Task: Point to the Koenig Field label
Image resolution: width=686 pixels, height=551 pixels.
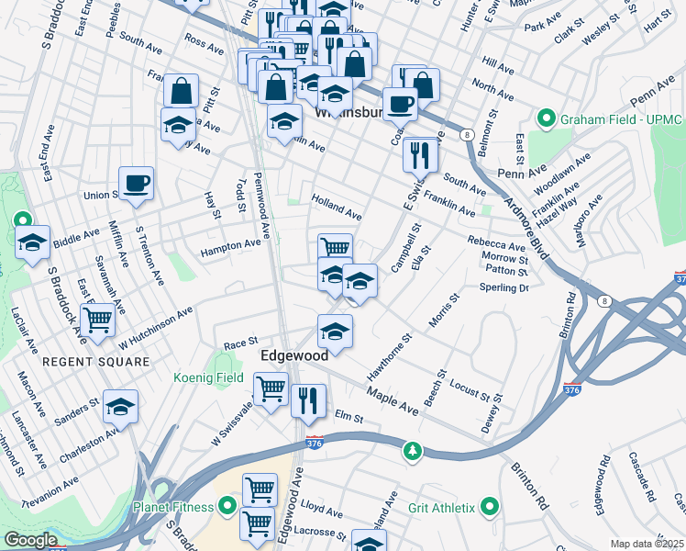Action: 209,377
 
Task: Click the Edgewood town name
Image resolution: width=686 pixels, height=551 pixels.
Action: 294,355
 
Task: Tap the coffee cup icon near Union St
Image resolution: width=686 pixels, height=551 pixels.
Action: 136,183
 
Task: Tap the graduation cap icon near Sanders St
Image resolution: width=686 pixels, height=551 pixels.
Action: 119,406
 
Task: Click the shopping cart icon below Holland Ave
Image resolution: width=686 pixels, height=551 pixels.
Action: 335,248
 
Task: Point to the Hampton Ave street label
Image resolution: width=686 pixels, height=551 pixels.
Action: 231,245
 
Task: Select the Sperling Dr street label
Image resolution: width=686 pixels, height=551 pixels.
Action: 504,287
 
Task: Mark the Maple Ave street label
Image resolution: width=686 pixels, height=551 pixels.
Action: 393,399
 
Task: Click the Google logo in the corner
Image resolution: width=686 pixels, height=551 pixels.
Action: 30,540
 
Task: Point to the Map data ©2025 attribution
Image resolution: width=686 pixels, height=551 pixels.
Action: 647,544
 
